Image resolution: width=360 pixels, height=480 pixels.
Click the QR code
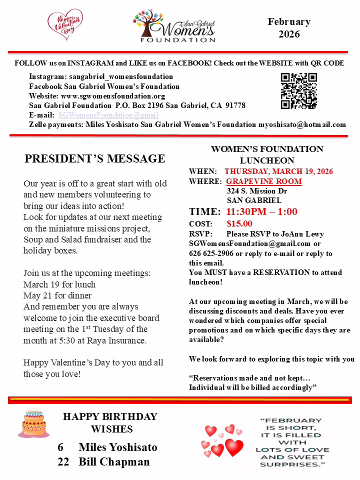299,91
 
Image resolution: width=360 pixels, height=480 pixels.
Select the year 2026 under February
289,34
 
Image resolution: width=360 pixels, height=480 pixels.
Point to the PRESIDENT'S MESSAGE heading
95,159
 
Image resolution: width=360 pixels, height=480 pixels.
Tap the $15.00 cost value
239,223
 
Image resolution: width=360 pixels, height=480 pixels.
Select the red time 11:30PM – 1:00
261,211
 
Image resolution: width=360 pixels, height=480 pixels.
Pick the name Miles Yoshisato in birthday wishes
118,447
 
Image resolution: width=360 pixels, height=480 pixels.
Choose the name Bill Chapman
114,461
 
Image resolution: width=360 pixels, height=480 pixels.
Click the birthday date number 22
63,461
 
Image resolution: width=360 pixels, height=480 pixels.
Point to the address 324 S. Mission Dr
257,190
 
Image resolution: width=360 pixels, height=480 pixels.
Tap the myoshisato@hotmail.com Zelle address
302,124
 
